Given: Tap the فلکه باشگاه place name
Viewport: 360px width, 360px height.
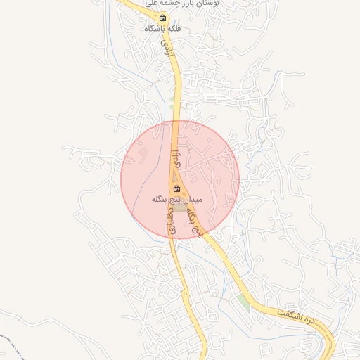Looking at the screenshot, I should click(x=163, y=29).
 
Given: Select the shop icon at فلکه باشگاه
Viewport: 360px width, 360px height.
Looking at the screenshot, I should click(x=163, y=18).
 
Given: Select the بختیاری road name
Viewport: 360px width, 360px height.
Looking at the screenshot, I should click(x=169, y=222).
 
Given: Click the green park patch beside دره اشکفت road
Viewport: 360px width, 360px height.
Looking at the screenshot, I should click(x=243, y=301).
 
